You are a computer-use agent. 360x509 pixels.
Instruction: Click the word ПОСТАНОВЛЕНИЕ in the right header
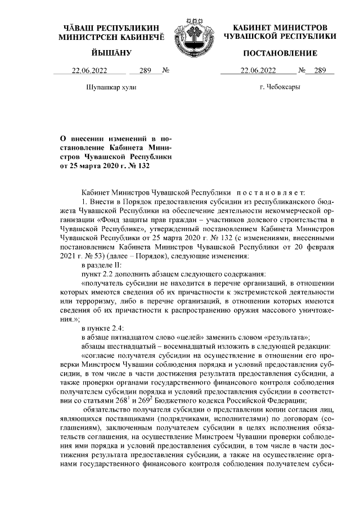click(x=280, y=53)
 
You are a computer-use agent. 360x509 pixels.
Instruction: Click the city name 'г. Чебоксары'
click(x=280, y=87)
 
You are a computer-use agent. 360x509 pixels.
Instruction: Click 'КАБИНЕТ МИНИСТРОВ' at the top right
click(x=280, y=27)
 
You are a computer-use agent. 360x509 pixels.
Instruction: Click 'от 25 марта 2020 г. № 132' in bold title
click(x=106, y=166)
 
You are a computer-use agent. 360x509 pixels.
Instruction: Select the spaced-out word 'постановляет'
click(x=274, y=192)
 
